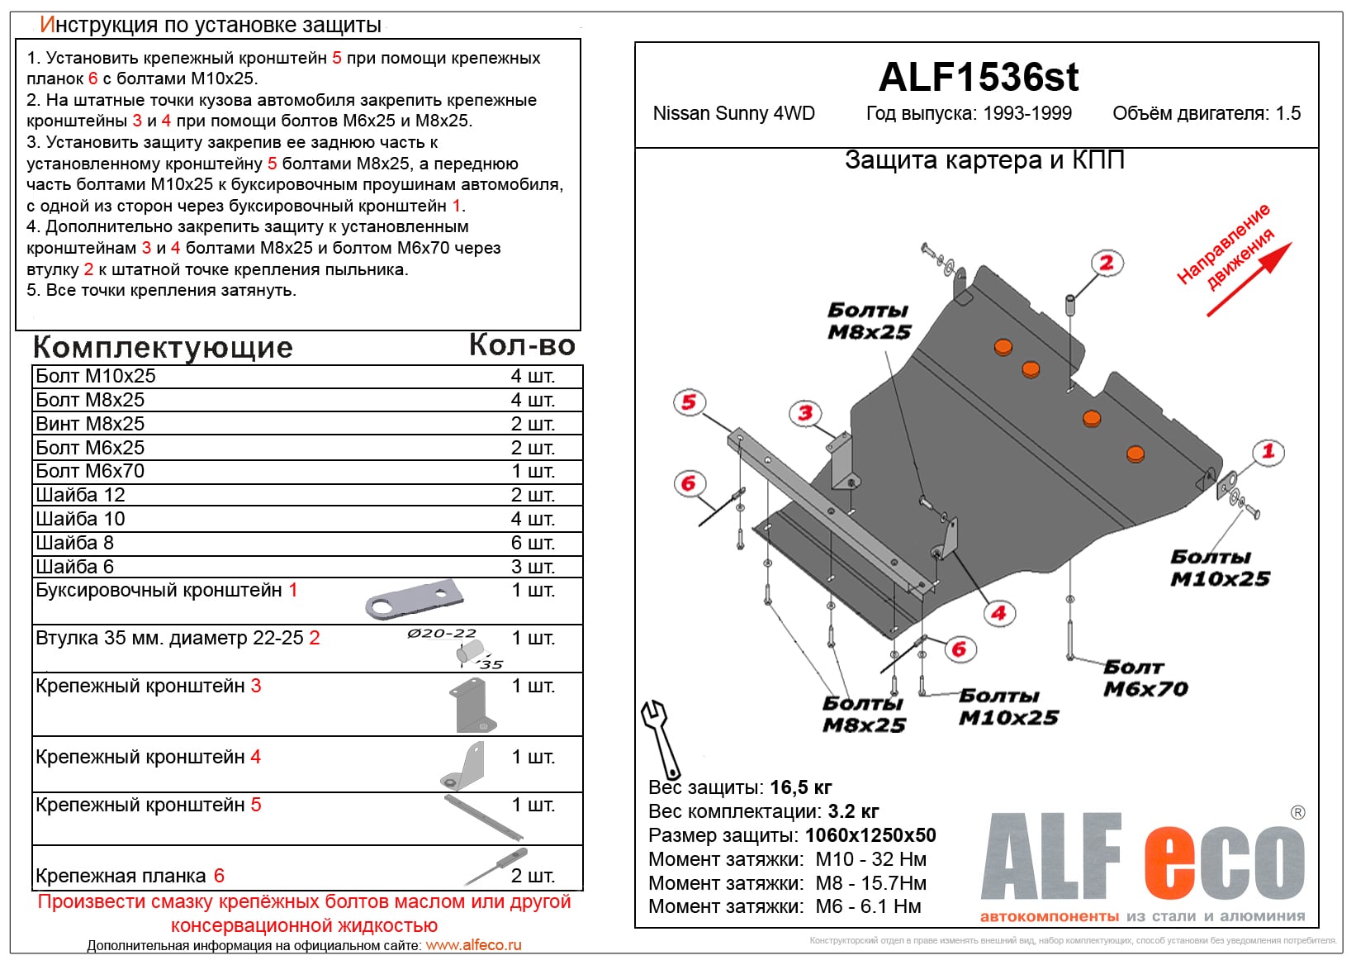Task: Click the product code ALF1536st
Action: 978,78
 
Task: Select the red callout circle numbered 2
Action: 1106,263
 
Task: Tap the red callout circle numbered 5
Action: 688,402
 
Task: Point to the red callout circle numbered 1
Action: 1268,451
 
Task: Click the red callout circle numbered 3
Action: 805,413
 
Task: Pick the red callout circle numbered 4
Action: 998,613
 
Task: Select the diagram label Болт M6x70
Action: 1145,677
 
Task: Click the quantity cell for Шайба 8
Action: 533,543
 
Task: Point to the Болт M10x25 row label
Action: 96,376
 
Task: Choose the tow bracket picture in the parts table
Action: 413,600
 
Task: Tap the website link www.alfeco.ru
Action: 473,945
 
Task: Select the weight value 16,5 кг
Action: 800,787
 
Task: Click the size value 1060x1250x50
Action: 870,835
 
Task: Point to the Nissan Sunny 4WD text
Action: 733,113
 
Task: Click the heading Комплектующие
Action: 163,347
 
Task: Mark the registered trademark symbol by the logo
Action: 1297,812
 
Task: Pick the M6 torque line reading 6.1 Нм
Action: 867,906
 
